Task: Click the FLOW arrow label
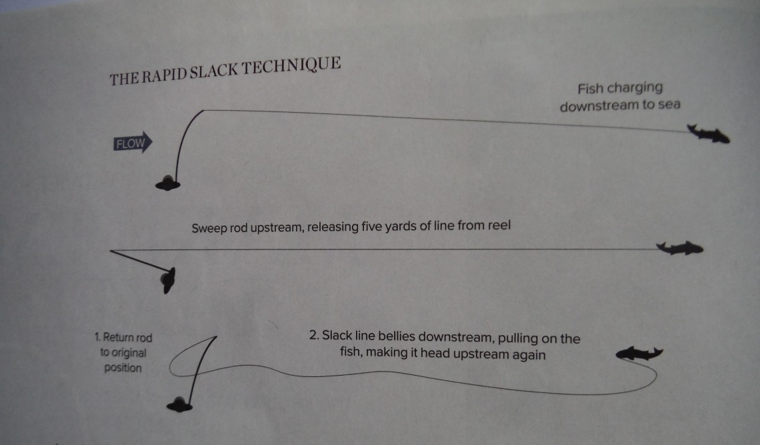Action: click(132, 143)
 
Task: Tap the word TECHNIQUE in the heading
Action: click(291, 65)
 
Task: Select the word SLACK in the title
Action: click(214, 71)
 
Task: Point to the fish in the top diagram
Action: click(709, 134)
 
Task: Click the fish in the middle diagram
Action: click(679, 248)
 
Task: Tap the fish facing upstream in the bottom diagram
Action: click(639, 354)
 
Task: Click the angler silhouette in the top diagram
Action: click(168, 183)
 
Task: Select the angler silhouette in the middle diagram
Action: click(168, 280)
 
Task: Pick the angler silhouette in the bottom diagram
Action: click(179, 404)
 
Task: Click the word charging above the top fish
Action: click(635, 88)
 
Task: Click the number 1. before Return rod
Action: click(97, 338)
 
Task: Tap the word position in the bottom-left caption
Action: click(123, 368)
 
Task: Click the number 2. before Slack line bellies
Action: click(314, 336)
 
